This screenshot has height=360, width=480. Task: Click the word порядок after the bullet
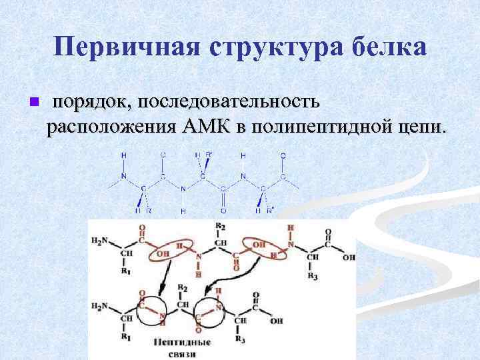tap(93, 102)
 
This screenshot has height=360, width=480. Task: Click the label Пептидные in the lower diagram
tap(181, 342)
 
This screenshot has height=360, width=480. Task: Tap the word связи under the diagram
tap(181, 353)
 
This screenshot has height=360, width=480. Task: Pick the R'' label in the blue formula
tap(270, 210)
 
